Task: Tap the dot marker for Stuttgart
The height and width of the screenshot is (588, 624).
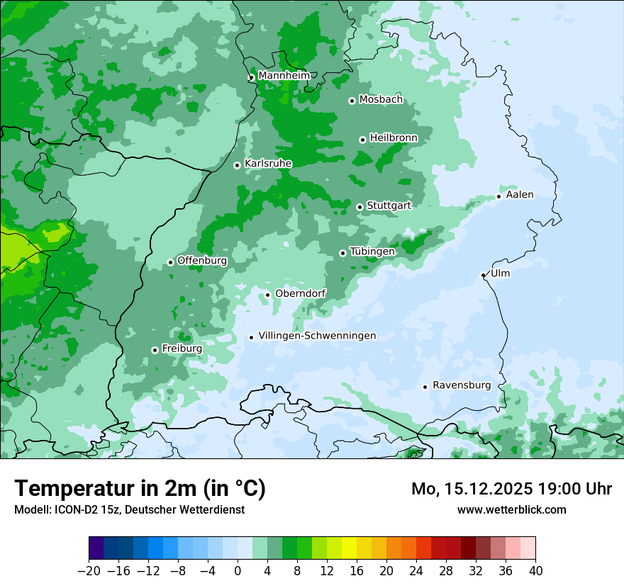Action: point(360,207)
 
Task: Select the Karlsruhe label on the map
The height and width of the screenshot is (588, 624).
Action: point(268,164)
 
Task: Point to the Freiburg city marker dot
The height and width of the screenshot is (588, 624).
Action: point(155,350)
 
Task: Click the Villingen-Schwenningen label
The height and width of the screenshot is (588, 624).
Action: point(317,336)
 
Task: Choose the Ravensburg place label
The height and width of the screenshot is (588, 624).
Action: point(462,385)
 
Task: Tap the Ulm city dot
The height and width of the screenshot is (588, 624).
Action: point(483,275)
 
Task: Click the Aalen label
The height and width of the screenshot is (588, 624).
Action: point(520,195)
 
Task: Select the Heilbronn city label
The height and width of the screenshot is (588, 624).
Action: point(394,137)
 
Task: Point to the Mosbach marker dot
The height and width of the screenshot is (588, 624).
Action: point(352,101)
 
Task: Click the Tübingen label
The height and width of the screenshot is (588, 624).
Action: point(372,251)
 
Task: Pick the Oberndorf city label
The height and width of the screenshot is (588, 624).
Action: point(301,293)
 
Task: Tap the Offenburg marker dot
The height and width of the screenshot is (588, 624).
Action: point(170,262)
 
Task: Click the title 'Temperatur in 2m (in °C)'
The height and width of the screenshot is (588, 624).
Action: point(140,488)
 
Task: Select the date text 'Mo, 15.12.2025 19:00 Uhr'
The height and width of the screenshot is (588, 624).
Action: point(511,489)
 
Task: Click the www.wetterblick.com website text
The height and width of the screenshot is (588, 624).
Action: point(511,509)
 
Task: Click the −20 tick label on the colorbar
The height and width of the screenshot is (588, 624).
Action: point(89,571)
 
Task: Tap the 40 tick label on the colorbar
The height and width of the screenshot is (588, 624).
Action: point(535,571)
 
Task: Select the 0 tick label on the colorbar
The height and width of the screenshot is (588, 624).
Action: point(238,571)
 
